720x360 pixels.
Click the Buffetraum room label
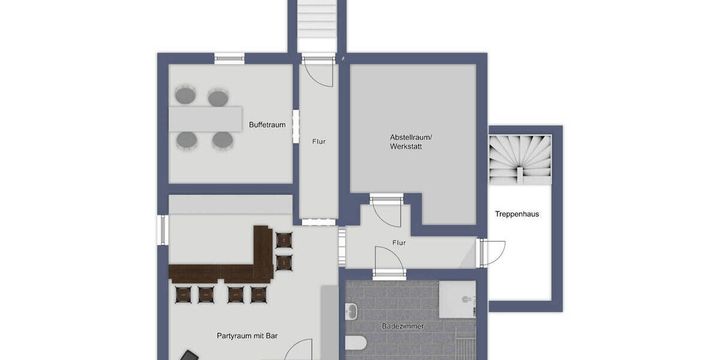pos(267,125)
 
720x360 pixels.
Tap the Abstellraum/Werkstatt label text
pos(410,142)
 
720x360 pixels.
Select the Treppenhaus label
pos(517,214)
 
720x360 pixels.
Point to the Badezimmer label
pos(403,326)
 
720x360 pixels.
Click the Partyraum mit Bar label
pos(247,336)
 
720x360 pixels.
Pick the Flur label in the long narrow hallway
pos(319,142)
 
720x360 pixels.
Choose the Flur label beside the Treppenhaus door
pos(398,243)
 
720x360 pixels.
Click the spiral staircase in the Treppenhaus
pos(520,159)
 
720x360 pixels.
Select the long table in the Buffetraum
pos(205,119)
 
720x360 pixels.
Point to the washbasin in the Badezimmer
pos(352,311)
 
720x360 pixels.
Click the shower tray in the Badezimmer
pos(457,299)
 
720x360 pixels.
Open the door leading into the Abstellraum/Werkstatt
pos(386,210)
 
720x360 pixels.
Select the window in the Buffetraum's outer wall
pos(229,58)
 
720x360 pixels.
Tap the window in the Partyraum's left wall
pos(162,230)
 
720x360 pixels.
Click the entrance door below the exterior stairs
pos(319,71)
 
